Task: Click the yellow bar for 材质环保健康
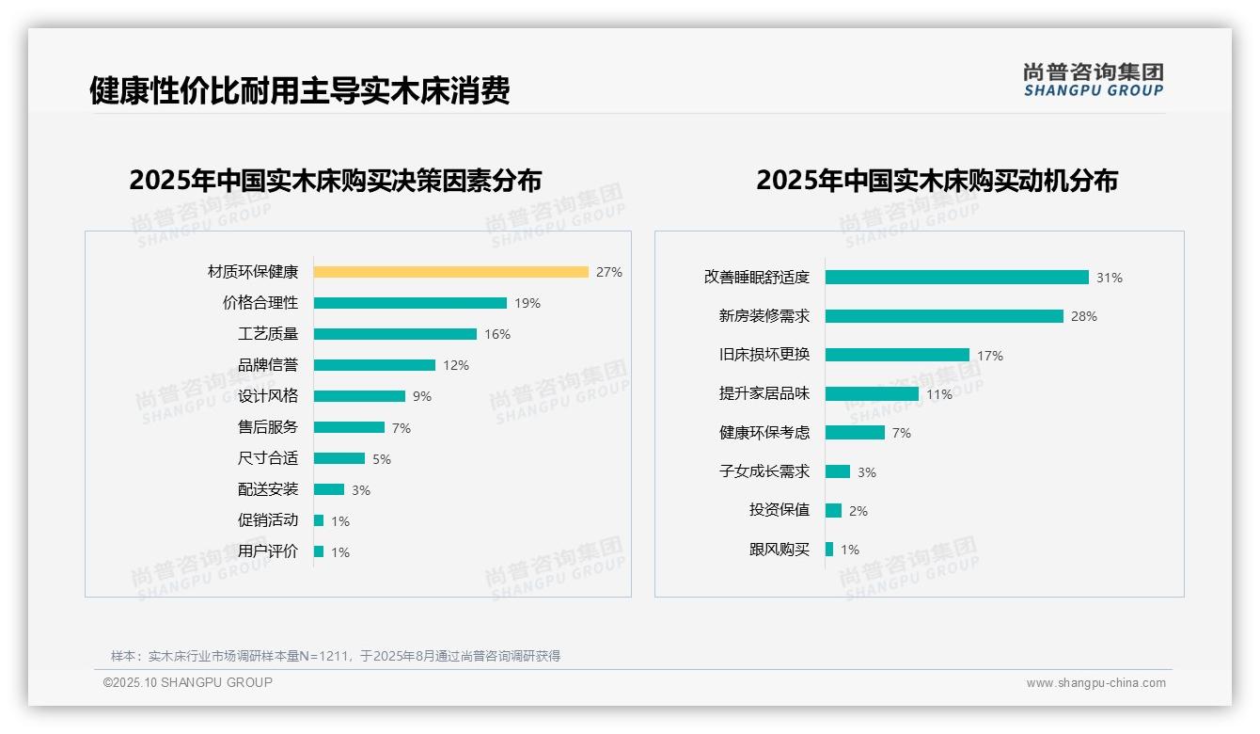coord(450,272)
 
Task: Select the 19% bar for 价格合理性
coord(410,303)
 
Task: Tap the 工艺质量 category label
coord(268,334)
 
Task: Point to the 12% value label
coord(456,365)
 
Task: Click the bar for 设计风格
coord(359,396)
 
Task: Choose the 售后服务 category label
coord(268,427)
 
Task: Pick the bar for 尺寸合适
coord(339,458)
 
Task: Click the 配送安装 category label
coord(268,489)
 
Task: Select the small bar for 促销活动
coord(319,520)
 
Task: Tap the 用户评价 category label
coord(268,551)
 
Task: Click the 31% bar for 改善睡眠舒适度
coord(956,278)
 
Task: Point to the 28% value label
coord(1084,316)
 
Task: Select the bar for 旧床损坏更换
coord(897,355)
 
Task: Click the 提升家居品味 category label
coord(764,394)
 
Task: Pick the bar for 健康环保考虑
coord(855,433)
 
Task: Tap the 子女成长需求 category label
coord(764,471)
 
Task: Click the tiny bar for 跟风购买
coord(829,550)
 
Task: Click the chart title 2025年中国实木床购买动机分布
coord(937,181)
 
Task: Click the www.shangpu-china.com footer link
coord(1095,683)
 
